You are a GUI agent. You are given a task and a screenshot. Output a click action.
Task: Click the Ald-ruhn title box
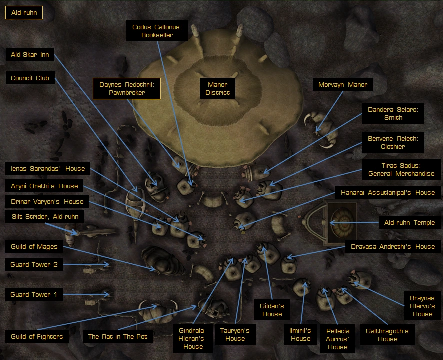[24, 12]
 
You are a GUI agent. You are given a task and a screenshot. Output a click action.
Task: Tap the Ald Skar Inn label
[30, 54]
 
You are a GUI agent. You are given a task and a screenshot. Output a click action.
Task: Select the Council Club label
[30, 78]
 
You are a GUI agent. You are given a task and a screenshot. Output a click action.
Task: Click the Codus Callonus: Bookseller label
[157, 31]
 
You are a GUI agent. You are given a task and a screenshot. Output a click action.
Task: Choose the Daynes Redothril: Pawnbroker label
[127, 88]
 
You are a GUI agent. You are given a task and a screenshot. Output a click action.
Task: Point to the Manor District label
[217, 88]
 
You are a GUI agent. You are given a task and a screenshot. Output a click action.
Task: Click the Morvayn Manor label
[343, 84]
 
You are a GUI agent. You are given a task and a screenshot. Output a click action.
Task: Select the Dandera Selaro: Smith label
[393, 113]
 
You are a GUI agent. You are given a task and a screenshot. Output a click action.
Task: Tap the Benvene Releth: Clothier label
[393, 142]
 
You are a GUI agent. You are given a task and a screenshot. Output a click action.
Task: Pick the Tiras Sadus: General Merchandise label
[401, 169]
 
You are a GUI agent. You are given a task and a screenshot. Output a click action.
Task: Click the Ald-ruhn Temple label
[409, 222]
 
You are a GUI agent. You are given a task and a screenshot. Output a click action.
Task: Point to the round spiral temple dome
[342, 222]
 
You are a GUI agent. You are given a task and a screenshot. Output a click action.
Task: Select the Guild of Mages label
[34, 246]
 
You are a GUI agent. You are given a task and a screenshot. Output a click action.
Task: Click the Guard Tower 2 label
[34, 264]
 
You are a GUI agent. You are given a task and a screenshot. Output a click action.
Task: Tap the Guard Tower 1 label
[34, 294]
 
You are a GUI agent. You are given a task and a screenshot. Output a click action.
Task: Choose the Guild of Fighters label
[37, 336]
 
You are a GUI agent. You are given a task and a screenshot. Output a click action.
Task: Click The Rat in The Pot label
[118, 336]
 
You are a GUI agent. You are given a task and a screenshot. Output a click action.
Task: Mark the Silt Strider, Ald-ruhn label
[45, 216]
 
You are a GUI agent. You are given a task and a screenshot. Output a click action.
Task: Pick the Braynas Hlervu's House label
[422, 306]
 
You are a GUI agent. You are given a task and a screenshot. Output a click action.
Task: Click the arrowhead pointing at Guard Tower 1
[107, 294]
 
